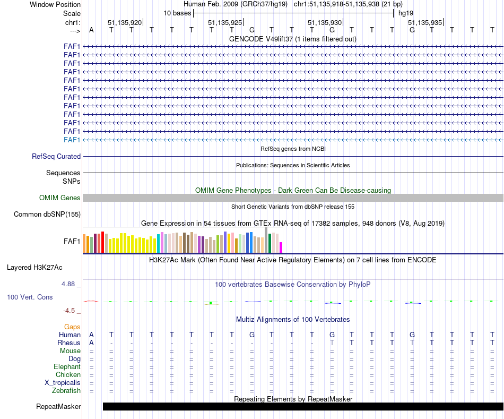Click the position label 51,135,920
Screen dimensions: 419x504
125,23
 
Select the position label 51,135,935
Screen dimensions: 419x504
425,23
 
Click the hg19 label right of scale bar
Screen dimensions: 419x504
406,13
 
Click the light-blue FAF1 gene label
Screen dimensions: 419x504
72,140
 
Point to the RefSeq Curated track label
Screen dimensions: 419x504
56,157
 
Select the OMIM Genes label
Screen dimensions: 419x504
60,198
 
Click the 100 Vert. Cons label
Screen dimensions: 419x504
30,297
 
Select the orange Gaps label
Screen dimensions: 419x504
72,327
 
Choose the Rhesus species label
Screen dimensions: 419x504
69,343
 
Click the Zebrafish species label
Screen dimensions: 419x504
66,391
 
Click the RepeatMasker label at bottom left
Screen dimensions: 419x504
58,407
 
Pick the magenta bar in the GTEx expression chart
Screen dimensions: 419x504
281,247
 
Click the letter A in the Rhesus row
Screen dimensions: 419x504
91,343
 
